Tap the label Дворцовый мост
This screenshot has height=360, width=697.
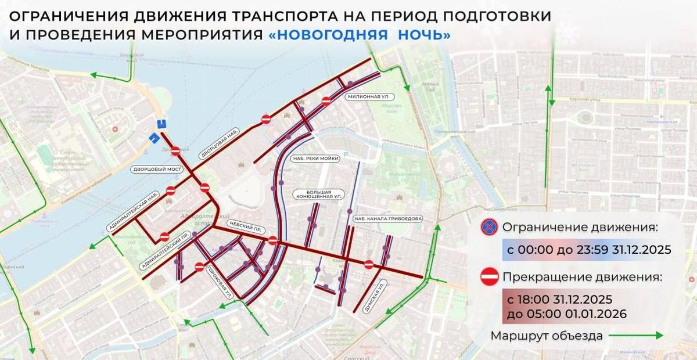pyautogui.click(x=157, y=169)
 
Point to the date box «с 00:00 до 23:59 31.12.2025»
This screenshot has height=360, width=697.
pyautogui.click(x=585, y=250)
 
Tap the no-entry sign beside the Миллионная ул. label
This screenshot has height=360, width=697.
pyautogui.click(x=326, y=101)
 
